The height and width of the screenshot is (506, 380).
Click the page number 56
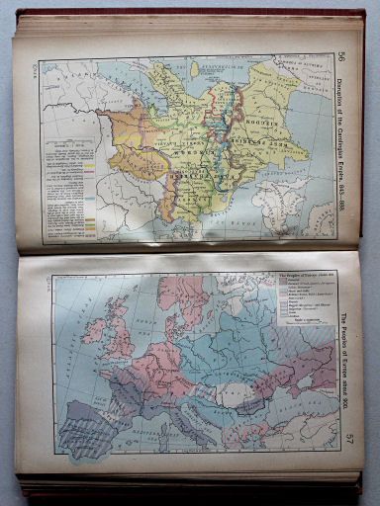[x=342, y=56]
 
